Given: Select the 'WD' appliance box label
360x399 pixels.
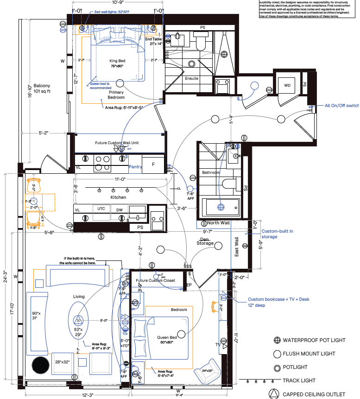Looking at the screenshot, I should (287, 85).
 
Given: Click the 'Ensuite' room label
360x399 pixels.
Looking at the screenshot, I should (192, 78).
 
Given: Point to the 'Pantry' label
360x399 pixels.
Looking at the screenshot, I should (135, 166).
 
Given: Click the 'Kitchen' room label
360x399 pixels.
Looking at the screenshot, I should (118, 197).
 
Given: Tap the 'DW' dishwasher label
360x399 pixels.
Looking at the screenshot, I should (120, 210).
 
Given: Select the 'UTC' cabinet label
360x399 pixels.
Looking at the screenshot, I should (101, 209).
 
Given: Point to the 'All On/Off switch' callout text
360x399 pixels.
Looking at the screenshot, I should (342, 106).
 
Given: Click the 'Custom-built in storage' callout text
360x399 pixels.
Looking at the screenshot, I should (277, 234).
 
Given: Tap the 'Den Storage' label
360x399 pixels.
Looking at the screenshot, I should (205, 241).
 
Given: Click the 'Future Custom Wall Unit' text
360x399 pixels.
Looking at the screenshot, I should (117, 143).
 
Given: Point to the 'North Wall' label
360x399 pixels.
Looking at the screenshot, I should (219, 223).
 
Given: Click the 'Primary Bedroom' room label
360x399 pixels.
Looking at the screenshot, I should (116, 95).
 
